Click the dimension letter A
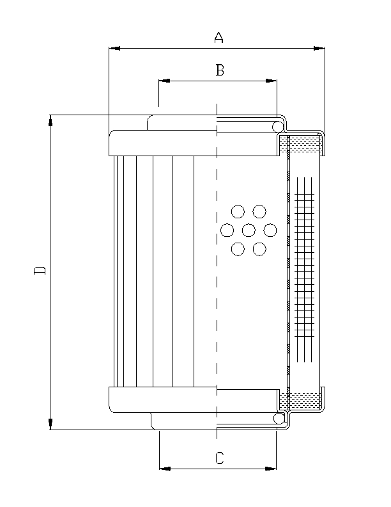coord(218,38)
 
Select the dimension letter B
coord(219,70)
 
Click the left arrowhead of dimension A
coord(114,48)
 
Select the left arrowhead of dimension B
coord(164,81)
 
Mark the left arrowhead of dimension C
coord(164,469)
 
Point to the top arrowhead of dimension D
coord(50,120)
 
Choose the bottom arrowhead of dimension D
coord(50,424)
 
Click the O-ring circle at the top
coord(279,127)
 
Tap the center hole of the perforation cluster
coord(249,230)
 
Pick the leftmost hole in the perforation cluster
coord(227,230)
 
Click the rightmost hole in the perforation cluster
coord(270,230)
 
